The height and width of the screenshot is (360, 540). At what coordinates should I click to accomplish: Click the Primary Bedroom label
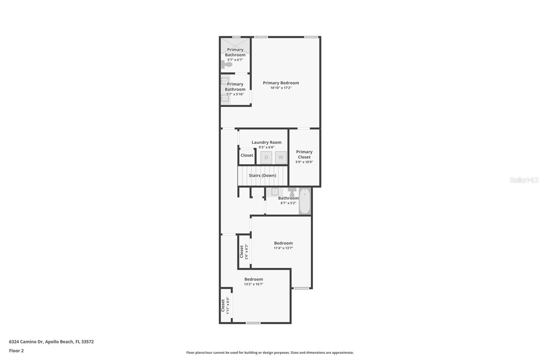click(x=281, y=83)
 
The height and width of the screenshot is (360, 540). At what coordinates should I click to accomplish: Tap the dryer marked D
click(x=266, y=157)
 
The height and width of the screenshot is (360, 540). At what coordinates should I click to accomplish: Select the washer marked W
click(x=281, y=157)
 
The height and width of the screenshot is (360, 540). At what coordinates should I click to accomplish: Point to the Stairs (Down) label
click(x=262, y=176)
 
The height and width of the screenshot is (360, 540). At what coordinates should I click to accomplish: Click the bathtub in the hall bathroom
click(x=304, y=202)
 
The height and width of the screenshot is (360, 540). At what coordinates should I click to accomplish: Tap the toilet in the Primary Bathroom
click(x=226, y=64)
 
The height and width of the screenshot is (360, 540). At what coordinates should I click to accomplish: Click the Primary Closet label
click(x=304, y=154)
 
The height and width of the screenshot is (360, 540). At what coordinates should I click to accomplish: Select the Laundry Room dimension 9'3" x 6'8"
click(x=266, y=147)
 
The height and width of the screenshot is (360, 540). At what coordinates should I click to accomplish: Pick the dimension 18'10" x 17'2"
click(x=281, y=88)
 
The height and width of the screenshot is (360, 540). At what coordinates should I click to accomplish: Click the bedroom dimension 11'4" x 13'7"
click(x=283, y=248)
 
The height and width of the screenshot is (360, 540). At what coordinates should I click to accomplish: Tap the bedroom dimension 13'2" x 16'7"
click(x=253, y=284)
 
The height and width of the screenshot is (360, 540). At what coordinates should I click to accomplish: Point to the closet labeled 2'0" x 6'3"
click(x=244, y=252)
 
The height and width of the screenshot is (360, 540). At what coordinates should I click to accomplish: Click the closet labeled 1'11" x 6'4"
click(x=225, y=306)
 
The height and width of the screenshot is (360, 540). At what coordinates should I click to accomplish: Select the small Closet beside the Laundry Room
click(x=247, y=155)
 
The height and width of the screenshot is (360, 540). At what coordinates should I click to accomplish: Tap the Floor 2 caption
click(x=16, y=351)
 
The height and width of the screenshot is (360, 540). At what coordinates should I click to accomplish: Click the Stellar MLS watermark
click(x=524, y=180)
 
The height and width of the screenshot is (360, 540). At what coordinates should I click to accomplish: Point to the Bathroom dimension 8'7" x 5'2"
click(x=288, y=203)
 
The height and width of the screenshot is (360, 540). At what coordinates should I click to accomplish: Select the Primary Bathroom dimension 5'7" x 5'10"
click(x=235, y=94)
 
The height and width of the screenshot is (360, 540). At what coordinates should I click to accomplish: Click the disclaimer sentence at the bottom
click(x=270, y=353)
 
